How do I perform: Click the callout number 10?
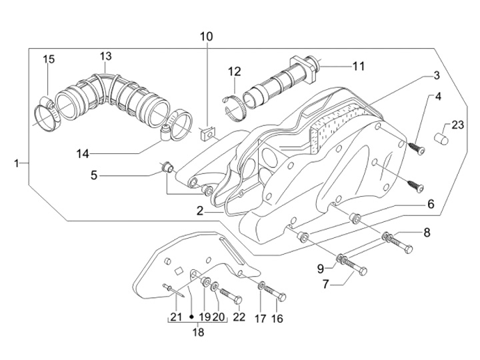pos(206,37)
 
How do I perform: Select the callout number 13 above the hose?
pos(105,56)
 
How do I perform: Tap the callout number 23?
pos(458,125)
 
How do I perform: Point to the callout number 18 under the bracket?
pos(199,332)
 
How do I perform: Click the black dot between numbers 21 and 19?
pos(191,317)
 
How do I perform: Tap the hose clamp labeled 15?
pos(47,113)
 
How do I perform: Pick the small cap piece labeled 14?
pos(165,132)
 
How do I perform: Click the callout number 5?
pos(94,175)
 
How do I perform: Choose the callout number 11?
pos(359,66)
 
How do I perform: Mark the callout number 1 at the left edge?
pos(17,163)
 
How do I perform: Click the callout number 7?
pos(325,285)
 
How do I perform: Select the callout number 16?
pos(277,319)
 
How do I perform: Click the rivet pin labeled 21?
pos(173,290)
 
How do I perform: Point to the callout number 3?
pos(436,75)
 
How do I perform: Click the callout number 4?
pos(438,97)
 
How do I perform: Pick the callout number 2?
pos(200,211)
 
